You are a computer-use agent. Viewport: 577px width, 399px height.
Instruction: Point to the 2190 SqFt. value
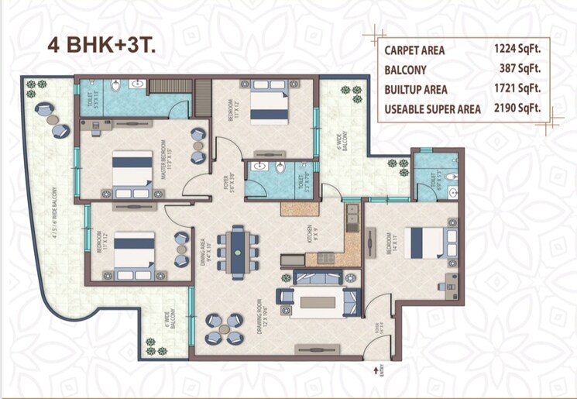coord(517,108)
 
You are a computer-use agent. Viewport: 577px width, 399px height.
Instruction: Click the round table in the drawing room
coord(229,326)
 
